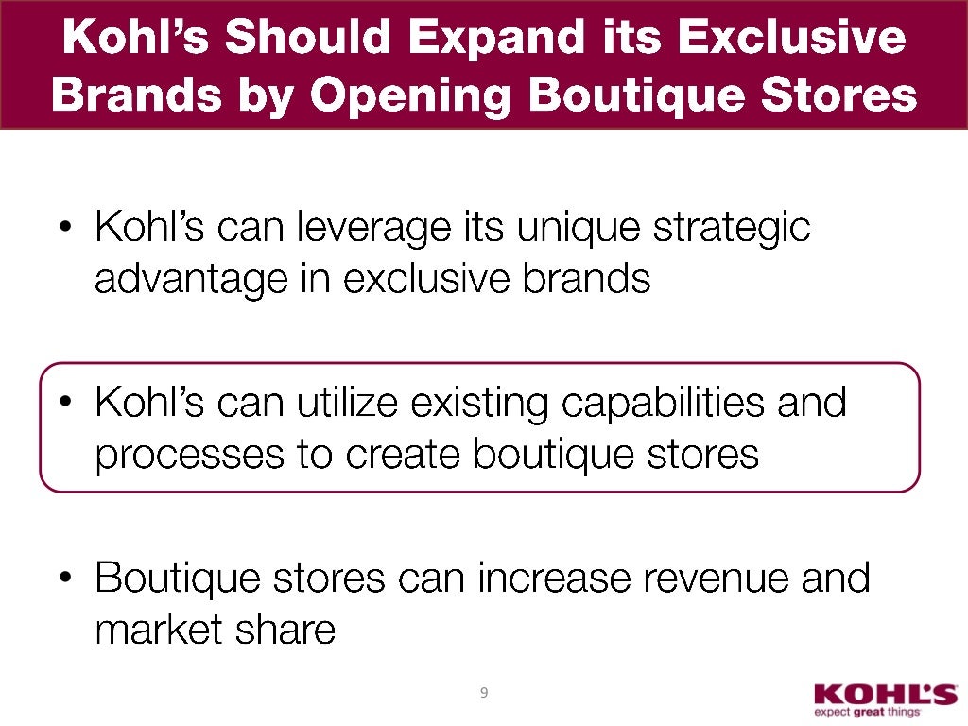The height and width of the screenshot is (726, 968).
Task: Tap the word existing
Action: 478,404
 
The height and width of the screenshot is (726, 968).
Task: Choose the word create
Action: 406,456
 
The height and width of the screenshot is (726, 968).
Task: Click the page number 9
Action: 483,694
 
